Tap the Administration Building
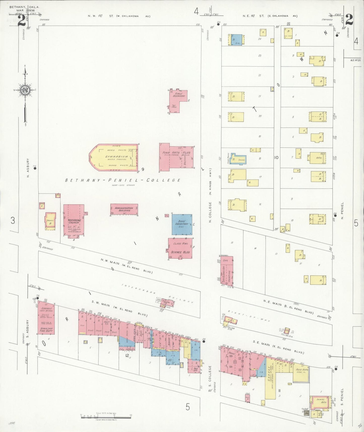[124, 209]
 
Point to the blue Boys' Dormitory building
[182, 224]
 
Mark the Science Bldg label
[180, 252]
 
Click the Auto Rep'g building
[301, 370]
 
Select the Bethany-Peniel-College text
[123, 180]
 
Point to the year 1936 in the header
[31, 11]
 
